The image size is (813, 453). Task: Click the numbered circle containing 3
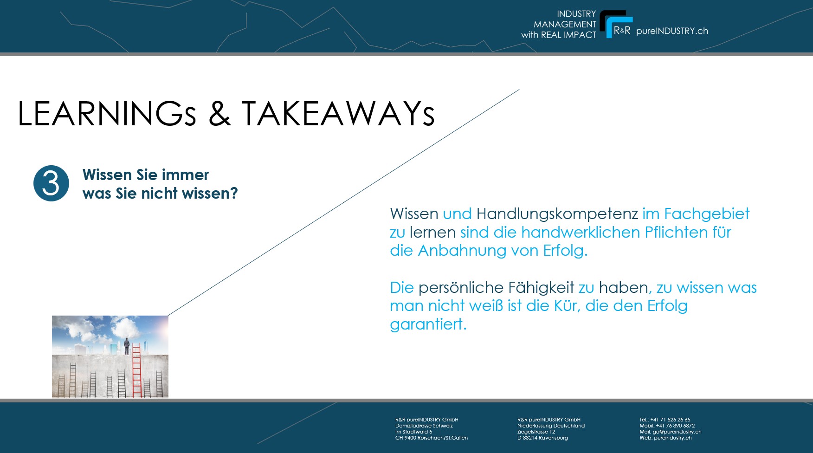pos(51,183)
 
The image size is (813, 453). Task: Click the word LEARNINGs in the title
pos(107,114)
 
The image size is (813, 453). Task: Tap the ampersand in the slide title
pos(219,114)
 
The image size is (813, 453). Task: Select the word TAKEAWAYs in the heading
pos(338,114)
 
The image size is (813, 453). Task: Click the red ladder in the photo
pos(136,370)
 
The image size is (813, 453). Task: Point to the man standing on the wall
pos(127,347)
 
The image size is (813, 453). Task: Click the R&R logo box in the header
pos(616,24)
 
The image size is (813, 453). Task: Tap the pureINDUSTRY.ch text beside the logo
pos(672,31)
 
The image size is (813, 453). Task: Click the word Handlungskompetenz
pos(557,214)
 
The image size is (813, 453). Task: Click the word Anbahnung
pos(462,251)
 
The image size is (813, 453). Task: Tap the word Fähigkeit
pos(541,288)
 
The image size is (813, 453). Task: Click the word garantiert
pos(428,324)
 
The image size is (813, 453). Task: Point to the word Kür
pos(567,306)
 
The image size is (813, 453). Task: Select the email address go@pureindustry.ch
pos(677,432)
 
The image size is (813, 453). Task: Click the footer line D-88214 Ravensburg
pos(542,438)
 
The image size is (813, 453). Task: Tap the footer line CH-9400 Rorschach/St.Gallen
pos(432,438)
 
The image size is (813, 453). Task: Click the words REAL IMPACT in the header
pos(568,35)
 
